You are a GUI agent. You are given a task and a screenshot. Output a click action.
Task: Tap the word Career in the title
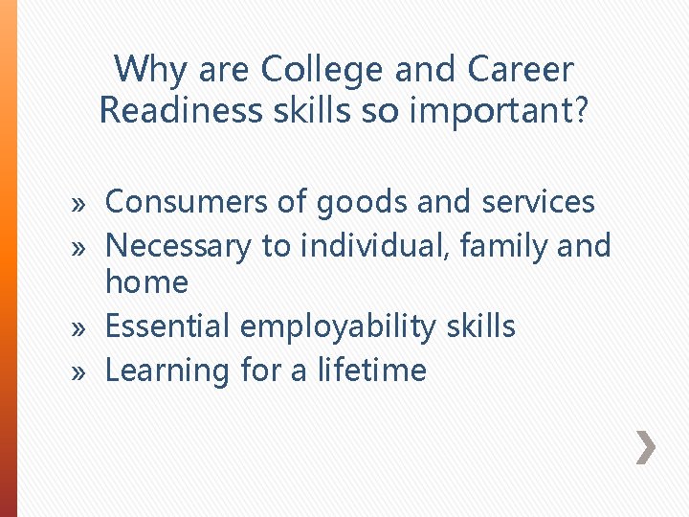pyautogui.click(x=522, y=70)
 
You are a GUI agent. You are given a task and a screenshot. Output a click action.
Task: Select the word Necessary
pyautogui.click(x=179, y=246)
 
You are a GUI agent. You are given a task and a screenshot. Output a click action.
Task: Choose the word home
pyautogui.click(x=146, y=282)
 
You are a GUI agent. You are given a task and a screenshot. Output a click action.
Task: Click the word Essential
pyautogui.click(x=167, y=326)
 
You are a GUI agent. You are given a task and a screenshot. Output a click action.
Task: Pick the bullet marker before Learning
pyautogui.click(x=80, y=372)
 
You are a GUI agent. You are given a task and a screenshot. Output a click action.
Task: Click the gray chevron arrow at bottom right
pyautogui.click(x=647, y=446)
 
